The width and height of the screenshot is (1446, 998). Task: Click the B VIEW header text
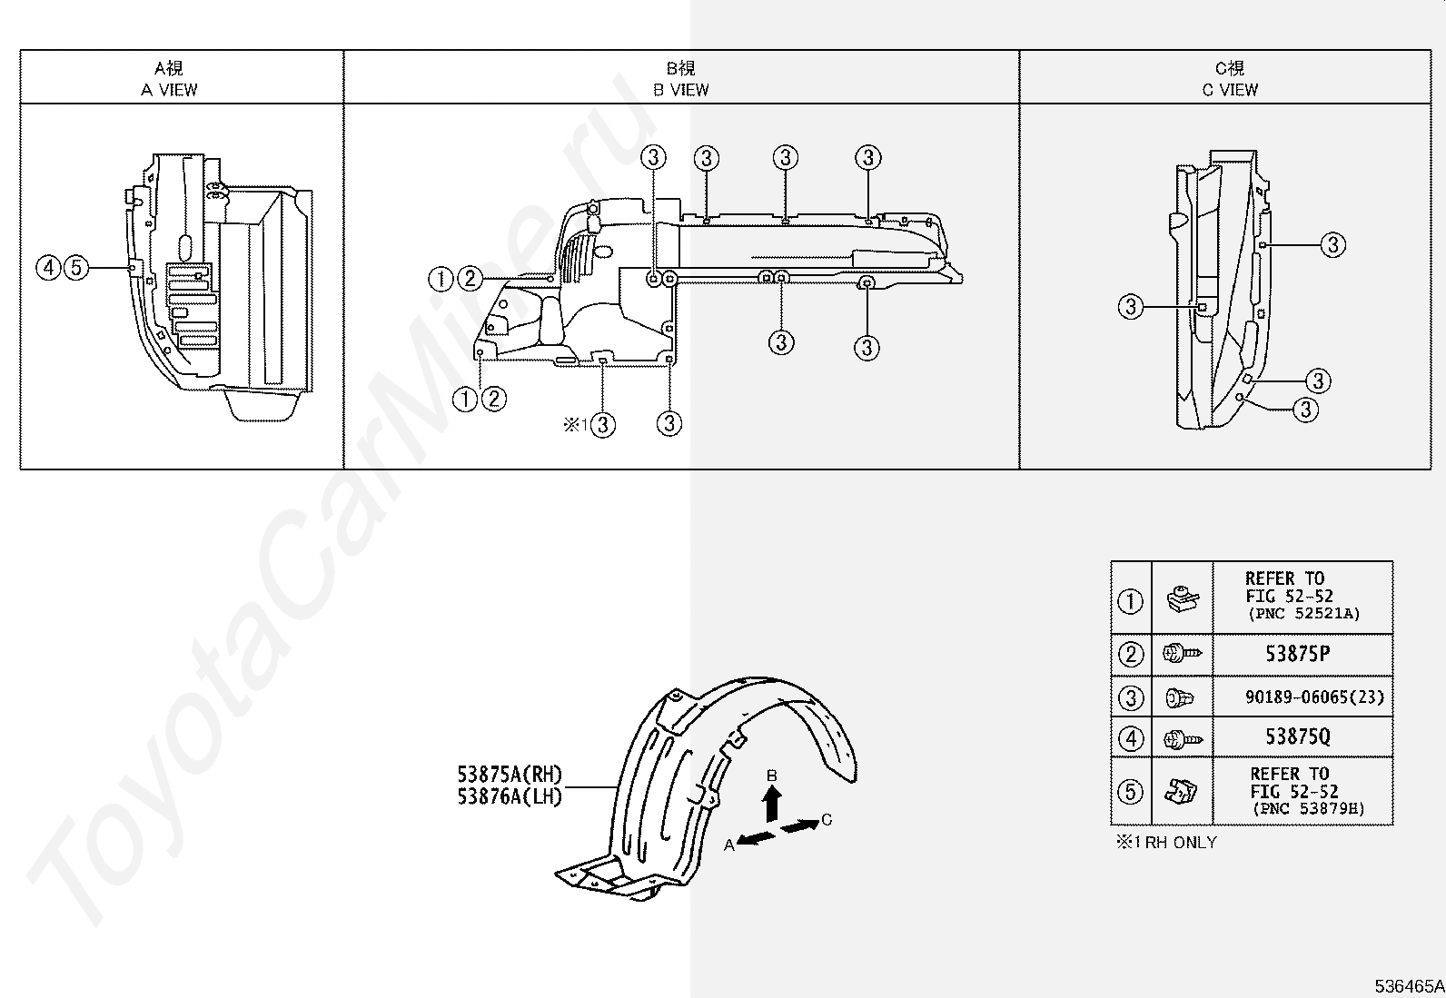click(x=680, y=90)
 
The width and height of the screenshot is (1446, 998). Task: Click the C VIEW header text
click(x=1230, y=90)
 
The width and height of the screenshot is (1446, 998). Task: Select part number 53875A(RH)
click(x=510, y=775)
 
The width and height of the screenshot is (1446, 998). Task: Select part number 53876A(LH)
click(x=510, y=797)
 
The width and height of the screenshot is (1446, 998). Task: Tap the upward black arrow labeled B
click(x=771, y=803)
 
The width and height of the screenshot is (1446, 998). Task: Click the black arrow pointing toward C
click(x=798, y=826)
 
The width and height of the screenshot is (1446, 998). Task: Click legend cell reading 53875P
click(x=1298, y=653)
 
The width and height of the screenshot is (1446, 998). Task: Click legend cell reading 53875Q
click(x=1298, y=736)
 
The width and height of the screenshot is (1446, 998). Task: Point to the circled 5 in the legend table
click(x=1130, y=791)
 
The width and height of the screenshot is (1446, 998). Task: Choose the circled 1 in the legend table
click(x=1130, y=601)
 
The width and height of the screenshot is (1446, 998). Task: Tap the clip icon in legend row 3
click(x=1180, y=697)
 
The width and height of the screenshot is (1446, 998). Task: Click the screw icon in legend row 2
click(x=1182, y=653)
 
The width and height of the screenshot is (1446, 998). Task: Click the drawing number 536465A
click(x=1407, y=985)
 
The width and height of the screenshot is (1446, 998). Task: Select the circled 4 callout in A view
click(x=49, y=268)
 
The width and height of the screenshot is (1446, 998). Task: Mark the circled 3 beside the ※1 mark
click(x=603, y=424)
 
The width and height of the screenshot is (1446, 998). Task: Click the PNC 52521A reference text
click(x=1303, y=614)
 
